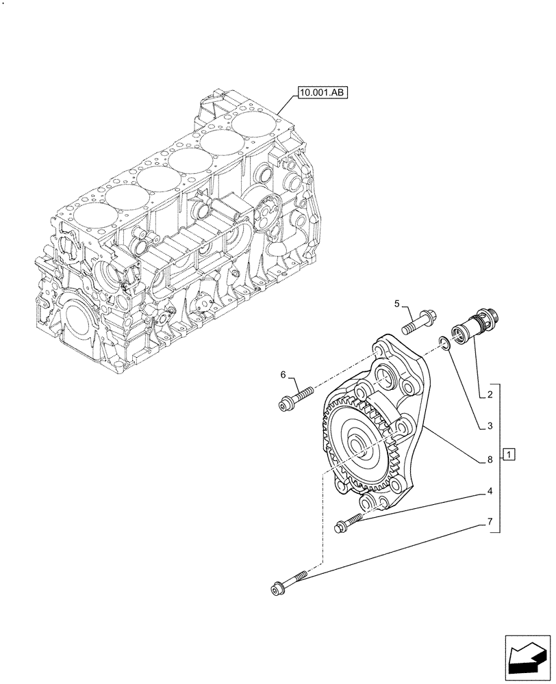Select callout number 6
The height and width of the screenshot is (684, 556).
(282, 373)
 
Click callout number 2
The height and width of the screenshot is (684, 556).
(491, 395)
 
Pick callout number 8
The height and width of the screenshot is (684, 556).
(490, 460)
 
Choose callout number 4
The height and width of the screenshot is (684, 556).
(490, 491)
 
